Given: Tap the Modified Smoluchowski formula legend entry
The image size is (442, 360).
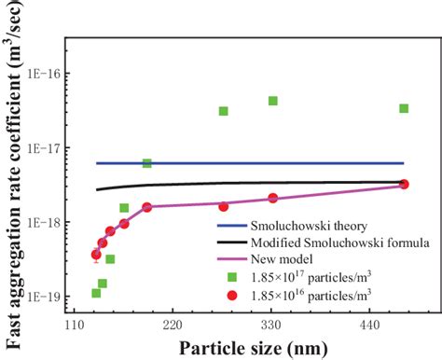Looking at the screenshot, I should (329, 243).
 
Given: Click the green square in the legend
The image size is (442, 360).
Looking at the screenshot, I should (232, 277).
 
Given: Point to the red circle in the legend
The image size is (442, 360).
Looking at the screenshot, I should (232, 295).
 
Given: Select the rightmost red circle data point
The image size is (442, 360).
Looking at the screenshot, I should (404, 185).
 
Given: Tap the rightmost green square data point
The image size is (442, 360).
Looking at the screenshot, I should (404, 108).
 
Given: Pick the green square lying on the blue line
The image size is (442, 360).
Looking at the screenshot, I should (146, 163).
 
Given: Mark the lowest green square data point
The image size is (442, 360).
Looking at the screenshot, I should (96, 293).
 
